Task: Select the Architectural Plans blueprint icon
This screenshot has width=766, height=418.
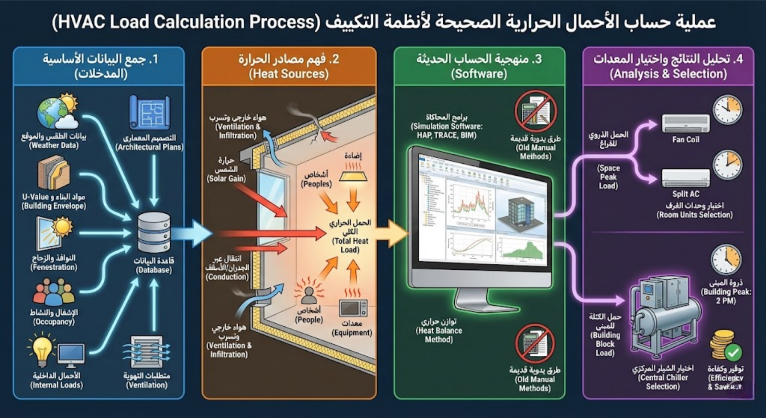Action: [x=149, y=113]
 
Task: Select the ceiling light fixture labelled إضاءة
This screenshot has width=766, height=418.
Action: [x=353, y=176]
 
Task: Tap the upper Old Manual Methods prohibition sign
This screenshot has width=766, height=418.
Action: [x=535, y=111]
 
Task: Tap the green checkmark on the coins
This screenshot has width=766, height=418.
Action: [x=733, y=352]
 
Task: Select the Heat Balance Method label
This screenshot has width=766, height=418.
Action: [x=439, y=331]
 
